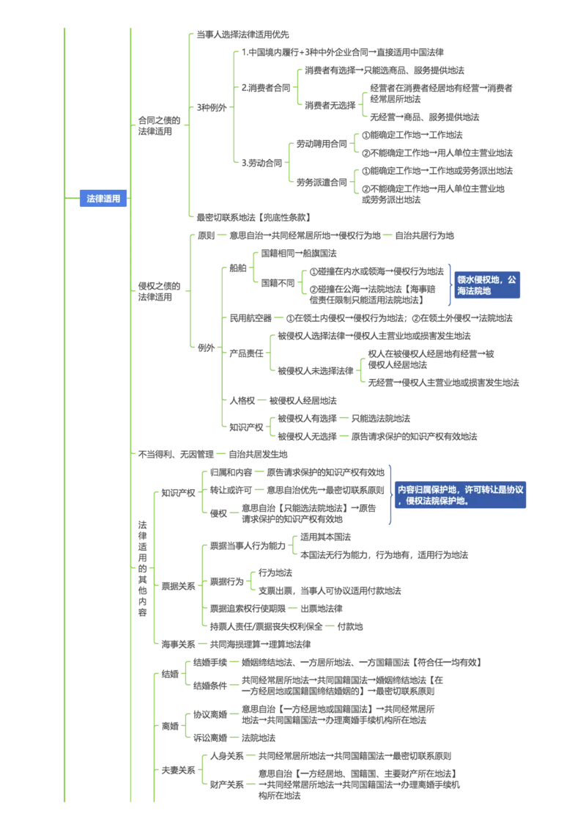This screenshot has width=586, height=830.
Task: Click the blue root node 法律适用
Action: (103, 199)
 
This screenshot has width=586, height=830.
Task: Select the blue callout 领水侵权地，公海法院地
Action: (487, 285)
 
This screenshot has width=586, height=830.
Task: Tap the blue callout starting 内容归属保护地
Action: (460, 495)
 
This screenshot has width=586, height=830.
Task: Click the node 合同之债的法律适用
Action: (159, 126)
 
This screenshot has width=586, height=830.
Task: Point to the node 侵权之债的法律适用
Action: (159, 291)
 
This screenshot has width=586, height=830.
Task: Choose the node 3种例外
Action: (212, 108)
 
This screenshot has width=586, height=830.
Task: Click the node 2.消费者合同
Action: (266, 88)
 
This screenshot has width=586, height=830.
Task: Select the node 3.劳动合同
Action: (262, 163)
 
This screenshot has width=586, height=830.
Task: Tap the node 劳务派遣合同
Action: (322, 183)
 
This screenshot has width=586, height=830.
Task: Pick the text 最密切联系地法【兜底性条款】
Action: (253, 217)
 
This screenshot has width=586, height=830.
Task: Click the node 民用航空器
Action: (251, 318)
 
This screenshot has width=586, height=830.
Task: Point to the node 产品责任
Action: (246, 353)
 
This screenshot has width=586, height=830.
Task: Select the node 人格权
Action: (242, 401)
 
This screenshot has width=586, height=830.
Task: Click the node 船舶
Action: (237, 268)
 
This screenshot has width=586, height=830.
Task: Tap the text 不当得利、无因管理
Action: (176, 454)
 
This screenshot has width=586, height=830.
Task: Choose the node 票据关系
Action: (178, 586)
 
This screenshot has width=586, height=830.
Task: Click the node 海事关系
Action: (178, 644)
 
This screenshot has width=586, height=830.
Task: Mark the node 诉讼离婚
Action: (210, 738)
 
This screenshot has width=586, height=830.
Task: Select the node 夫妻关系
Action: (178, 770)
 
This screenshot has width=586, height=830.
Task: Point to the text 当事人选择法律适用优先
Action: (242, 34)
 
